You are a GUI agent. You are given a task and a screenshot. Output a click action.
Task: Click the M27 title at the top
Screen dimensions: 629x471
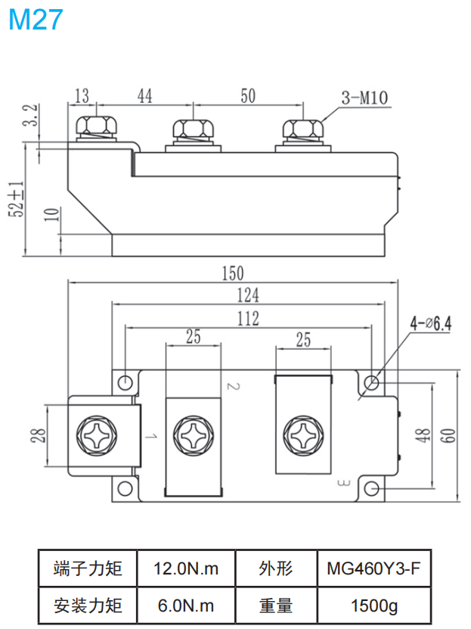(36, 20)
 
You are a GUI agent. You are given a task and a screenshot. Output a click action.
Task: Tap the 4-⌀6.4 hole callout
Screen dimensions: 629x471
(430, 324)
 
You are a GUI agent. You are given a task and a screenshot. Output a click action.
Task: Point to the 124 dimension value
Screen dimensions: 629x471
(246, 294)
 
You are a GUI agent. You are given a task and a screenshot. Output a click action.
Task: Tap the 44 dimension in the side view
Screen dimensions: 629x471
(145, 95)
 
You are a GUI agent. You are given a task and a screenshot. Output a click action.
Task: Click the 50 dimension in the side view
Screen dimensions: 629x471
(247, 95)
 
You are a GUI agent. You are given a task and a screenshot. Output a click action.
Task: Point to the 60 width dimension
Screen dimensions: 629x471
(448, 435)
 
